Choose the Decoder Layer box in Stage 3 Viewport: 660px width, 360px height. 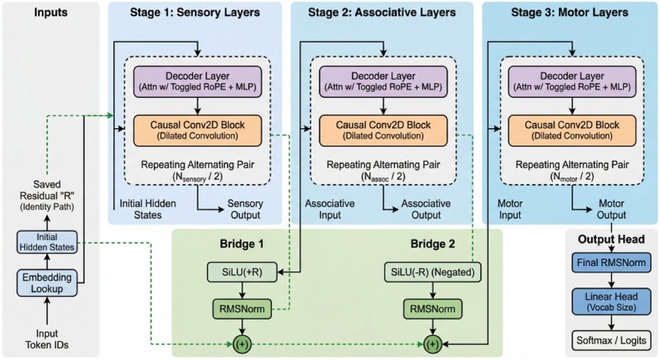pos(569,80)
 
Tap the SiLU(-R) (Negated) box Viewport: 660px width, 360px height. pos(432,272)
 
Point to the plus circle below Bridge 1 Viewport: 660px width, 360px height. pos(241,343)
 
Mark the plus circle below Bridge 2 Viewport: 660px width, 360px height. pos(432,343)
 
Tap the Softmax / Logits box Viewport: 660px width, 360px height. pos(612,340)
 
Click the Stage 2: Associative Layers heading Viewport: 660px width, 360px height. pos(383,12)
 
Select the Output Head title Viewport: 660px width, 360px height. pos(612,240)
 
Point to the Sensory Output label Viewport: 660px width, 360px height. pos(245,209)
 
